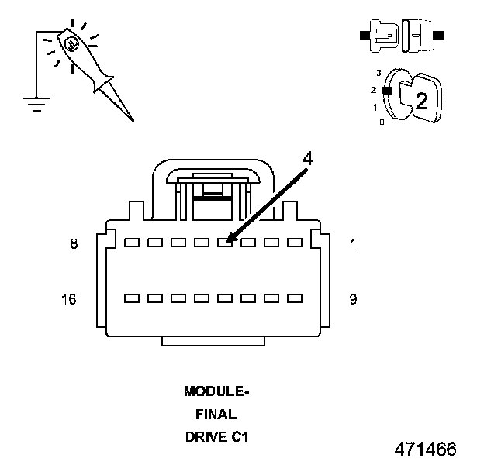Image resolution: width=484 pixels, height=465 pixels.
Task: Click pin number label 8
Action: (74, 243)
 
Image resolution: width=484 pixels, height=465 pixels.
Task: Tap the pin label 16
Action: (69, 299)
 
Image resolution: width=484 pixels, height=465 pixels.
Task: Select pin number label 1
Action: (353, 244)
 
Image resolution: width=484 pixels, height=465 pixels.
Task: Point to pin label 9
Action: (354, 299)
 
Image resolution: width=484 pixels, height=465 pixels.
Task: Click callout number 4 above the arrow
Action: (307, 159)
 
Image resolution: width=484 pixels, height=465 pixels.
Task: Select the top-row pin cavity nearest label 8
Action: (132, 243)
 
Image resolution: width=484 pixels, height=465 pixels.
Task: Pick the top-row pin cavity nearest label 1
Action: (295, 243)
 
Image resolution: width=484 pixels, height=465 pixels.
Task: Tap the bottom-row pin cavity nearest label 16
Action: (132, 298)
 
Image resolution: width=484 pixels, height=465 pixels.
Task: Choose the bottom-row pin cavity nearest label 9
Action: (295, 298)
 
